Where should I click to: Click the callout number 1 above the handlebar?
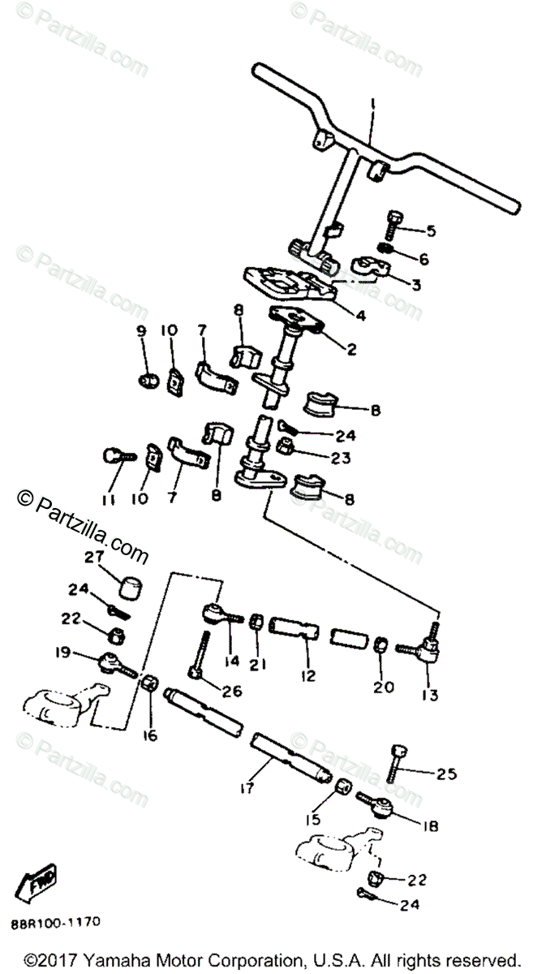click(372, 105)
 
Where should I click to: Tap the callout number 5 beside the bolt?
click(431, 231)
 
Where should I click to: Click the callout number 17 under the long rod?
click(247, 787)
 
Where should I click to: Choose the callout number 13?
click(429, 695)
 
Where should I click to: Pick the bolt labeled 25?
click(394, 762)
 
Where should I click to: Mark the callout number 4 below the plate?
click(360, 316)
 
